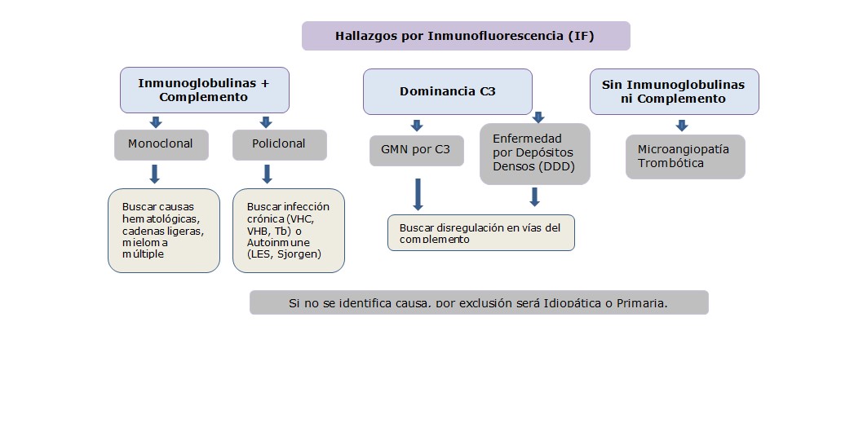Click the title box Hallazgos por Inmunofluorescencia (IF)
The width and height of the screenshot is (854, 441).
[466, 36]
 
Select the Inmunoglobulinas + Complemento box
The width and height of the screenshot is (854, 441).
[204, 90]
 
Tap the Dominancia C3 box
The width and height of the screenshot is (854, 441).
[447, 91]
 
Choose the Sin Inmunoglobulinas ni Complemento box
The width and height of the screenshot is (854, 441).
[674, 91]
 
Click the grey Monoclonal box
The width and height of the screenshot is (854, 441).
[161, 144]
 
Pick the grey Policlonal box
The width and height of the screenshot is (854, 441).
[280, 144]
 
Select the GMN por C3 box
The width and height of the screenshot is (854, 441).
[416, 150]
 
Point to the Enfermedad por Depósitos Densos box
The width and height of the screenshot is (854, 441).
[534, 153]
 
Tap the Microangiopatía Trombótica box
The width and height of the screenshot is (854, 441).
[684, 157]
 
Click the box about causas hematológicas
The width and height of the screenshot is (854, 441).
[163, 231]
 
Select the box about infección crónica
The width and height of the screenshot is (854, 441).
[288, 231]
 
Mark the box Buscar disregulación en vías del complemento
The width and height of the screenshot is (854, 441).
[481, 232]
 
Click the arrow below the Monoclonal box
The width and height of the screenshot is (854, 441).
[155, 174]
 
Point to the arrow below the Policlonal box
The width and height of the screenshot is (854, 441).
[267, 174]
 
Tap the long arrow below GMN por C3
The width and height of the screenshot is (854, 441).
[418, 194]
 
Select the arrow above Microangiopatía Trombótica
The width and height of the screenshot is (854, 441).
[681, 126]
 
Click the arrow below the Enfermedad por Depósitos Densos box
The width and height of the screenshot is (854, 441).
[534, 197]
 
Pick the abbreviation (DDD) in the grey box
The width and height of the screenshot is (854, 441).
[556, 166]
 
